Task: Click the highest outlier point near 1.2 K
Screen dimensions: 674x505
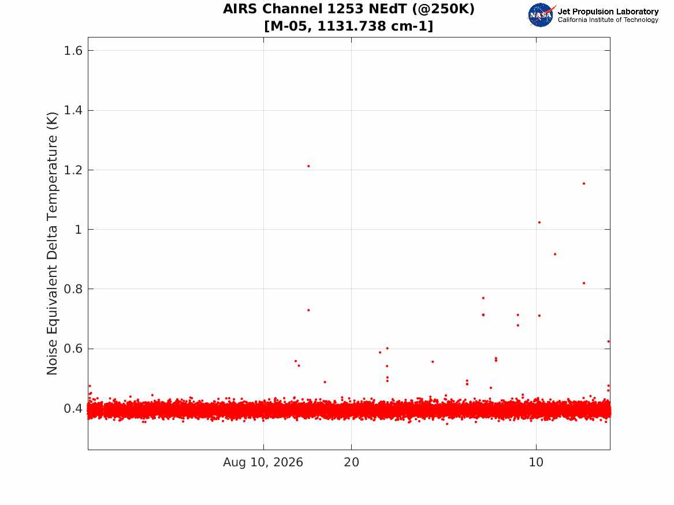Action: click(x=308, y=166)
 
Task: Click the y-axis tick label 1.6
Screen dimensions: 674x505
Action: click(x=73, y=51)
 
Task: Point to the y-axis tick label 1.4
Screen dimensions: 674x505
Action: click(x=73, y=110)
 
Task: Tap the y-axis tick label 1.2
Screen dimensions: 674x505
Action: click(x=73, y=170)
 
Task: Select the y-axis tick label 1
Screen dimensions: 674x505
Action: click(x=78, y=229)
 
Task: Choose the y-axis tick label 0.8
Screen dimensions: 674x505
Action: click(x=73, y=289)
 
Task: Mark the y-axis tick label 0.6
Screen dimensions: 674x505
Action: click(x=73, y=349)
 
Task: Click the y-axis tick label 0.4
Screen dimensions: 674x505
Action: click(x=73, y=409)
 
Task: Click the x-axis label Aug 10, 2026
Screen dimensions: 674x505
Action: click(x=263, y=462)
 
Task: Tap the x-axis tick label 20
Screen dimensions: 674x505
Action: click(x=351, y=462)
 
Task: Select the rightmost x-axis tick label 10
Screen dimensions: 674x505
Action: click(x=536, y=462)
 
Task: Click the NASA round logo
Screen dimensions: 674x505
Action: click(x=541, y=15)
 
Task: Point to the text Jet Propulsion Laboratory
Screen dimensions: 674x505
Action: click(x=608, y=12)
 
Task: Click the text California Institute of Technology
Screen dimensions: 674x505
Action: click(x=608, y=20)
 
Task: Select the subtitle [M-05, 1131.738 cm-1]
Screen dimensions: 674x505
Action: click(x=349, y=26)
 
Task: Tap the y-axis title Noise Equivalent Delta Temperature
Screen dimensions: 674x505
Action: click(x=52, y=244)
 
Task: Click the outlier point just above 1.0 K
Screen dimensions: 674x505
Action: click(x=539, y=222)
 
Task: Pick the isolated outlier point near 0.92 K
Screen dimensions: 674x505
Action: click(x=555, y=254)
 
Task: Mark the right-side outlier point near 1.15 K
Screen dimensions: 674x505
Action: click(x=584, y=184)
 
